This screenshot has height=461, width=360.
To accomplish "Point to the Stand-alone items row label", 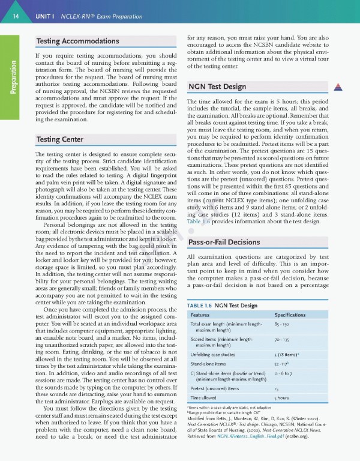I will pyautogui.click(x=208, y=364).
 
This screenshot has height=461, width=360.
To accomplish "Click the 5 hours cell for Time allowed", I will pyautogui.click(x=283, y=399).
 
